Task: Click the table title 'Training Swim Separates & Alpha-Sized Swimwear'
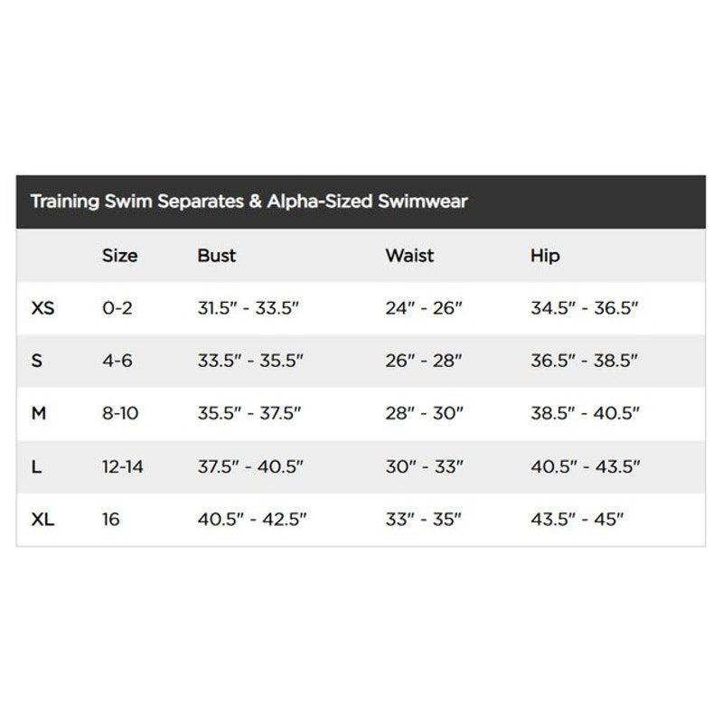pos(249,201)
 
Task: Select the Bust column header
pos(216,256)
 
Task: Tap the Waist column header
pos(409,256)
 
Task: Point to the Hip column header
pos(545,256)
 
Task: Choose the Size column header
pos(119,256)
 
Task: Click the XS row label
pos(42,308)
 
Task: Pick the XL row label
pos(42,520)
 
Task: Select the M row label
pos(38,414)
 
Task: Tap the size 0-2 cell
pos(117,308)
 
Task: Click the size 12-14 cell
pos(123,467)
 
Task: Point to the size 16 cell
pos(111,520)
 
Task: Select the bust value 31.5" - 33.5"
pos(249,308)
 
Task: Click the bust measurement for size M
pos(249,414)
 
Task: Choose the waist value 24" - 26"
pos(424,308)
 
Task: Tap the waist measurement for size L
pos(424,467)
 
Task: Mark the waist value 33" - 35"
pos(423,520)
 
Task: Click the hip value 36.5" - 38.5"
pos(585,361)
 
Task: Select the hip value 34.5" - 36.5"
pos(585,308)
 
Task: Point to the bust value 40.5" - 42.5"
pos(252,520)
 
